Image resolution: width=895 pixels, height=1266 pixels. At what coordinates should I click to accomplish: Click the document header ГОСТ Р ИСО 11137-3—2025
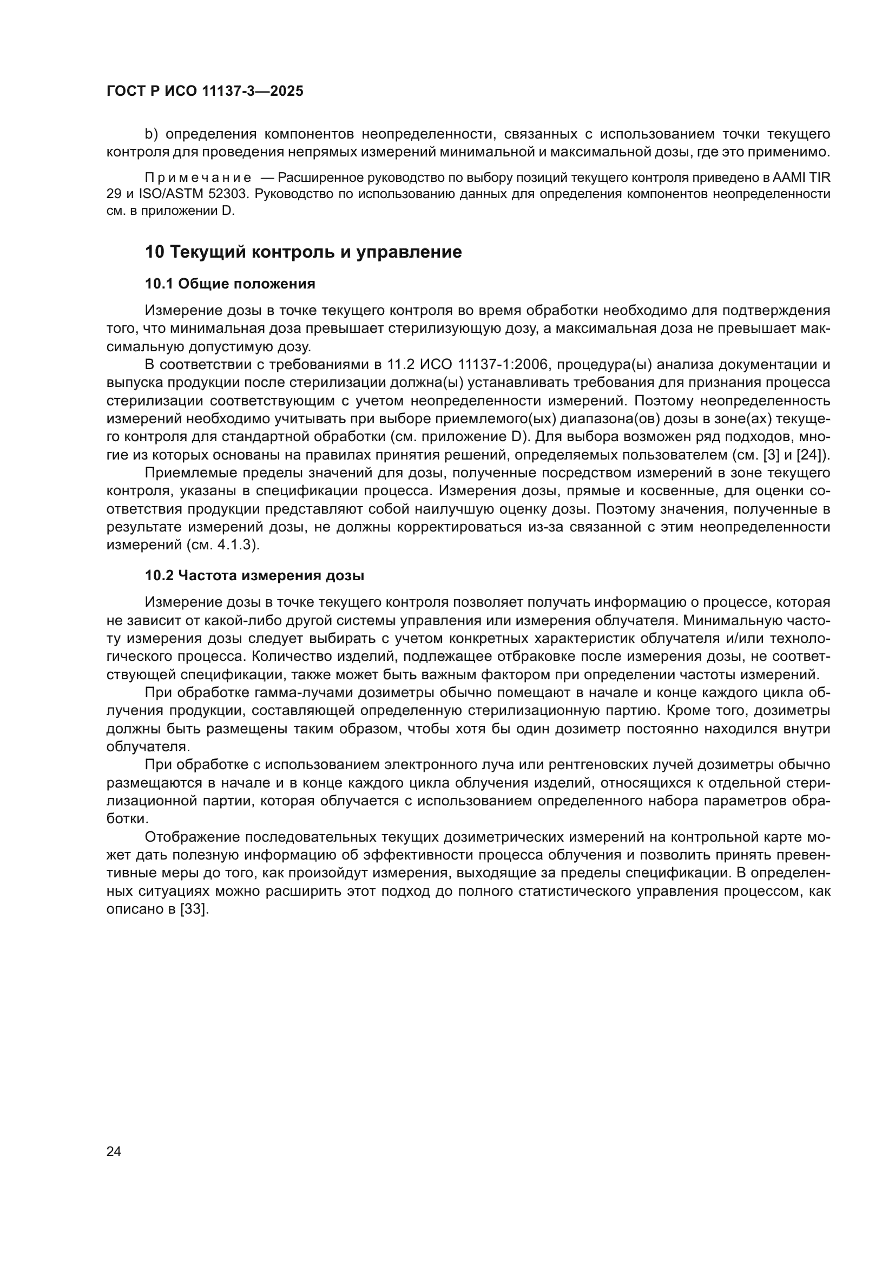pos(205,91)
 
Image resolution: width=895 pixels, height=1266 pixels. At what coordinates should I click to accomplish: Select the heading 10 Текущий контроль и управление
pos(303,252)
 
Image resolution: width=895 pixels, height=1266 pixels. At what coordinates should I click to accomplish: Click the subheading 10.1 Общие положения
pos(230,284)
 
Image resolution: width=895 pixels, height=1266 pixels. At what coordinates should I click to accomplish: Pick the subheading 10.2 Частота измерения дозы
pos(254,576)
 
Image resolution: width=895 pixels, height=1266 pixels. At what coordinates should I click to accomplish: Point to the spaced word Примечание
pos(198,178)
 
